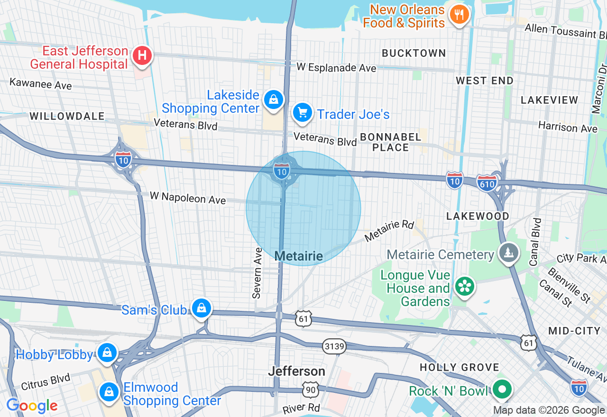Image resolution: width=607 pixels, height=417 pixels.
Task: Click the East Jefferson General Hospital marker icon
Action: coord(142,56)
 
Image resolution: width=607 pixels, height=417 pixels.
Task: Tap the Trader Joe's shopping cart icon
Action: coord(302,113)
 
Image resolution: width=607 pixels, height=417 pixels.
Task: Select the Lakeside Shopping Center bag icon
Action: coord(274,100)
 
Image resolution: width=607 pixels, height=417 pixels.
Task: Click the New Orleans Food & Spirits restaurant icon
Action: coord(459,15)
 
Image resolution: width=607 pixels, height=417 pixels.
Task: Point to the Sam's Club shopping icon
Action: coord(202,308)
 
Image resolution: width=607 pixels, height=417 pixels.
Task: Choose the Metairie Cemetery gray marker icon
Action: coord(509,253)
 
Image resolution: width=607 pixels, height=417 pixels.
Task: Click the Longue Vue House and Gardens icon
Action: coord(465,286)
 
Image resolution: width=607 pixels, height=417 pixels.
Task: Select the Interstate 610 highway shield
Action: coord(487,182)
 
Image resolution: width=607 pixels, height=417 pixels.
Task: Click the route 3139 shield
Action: coord(334,346)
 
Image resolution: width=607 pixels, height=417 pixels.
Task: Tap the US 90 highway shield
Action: coord(309,390)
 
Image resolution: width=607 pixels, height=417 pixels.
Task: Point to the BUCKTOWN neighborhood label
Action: coord(414,53)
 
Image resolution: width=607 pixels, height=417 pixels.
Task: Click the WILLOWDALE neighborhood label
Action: coord(67,116)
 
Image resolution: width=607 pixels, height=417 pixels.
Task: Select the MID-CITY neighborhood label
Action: coord(574,331)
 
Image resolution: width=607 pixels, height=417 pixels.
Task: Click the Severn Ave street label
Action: coord(258,273)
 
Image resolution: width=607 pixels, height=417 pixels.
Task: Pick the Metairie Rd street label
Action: coord(389,230)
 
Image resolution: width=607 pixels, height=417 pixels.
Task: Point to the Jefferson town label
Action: coord(296,371)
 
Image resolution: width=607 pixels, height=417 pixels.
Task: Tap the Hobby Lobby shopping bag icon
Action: coord(108,353)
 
